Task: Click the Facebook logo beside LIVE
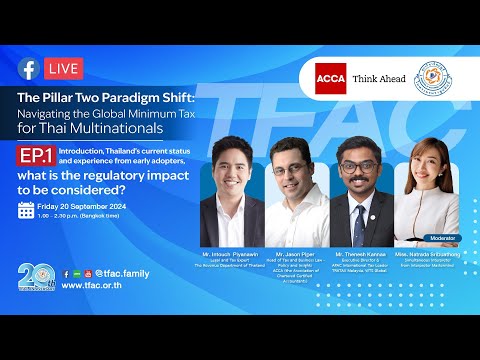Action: tap(28, 68)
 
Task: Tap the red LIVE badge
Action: tap(63, 68)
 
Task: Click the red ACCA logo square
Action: tap(331, 78)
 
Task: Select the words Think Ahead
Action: tap(379, 78)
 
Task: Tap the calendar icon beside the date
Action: tap(27, 210)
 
